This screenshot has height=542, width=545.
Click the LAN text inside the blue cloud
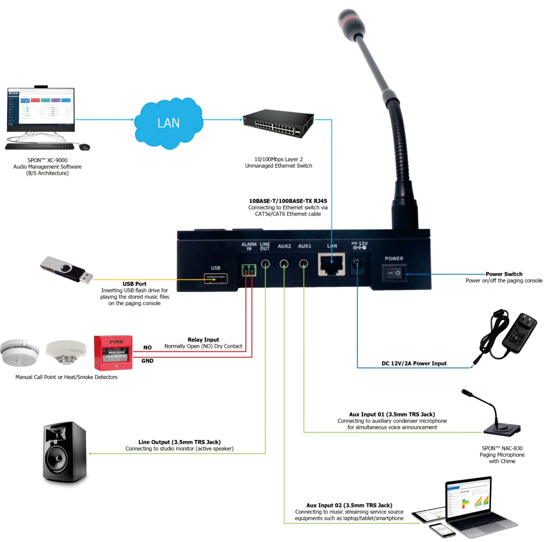[x=168, y=123]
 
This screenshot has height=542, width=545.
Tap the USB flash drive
[x=67, y=270]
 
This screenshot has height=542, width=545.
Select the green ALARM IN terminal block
[x=249, y=270]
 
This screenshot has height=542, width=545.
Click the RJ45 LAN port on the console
[x=331, y=264]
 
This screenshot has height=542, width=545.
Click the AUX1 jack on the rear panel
[x=304, y=264]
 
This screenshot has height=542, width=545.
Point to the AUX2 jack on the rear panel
[x=284, y=264]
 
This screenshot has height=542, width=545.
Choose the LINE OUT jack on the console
[x=265, y=264]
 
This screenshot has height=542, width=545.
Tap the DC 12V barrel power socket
[x=357, y=265]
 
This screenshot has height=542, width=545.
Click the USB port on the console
[x=216, y=279]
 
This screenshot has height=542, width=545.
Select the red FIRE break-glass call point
[x=113, y=353]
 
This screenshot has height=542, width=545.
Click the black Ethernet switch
[x=279, y=123]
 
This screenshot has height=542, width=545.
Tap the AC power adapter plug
[x=519, y=333]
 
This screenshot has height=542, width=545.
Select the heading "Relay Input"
[x=203, y=340]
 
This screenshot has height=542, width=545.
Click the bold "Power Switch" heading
[x=504, y=274]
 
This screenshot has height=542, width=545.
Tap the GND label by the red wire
[x=147, y=361]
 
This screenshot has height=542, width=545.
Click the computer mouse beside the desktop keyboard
[x=84, y=147]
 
